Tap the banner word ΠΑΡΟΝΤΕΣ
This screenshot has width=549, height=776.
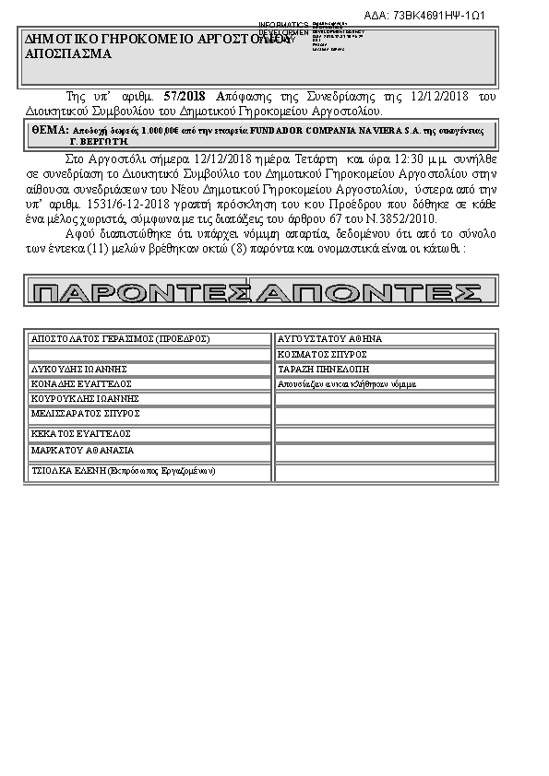tap(142, 293)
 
